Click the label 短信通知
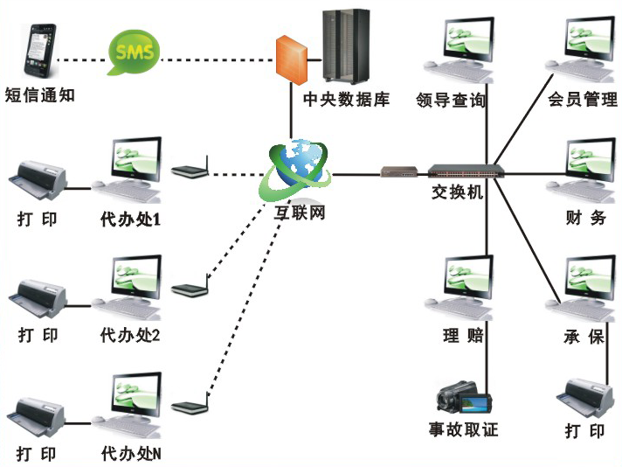coord(39,95)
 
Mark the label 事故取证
coord(463,429)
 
